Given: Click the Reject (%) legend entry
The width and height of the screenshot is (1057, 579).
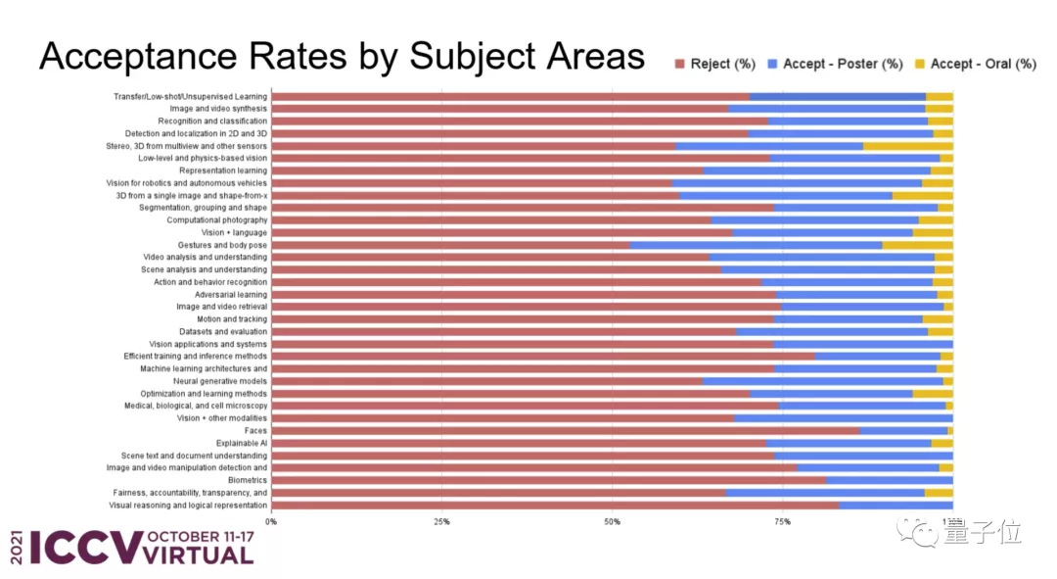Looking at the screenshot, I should pos(715,64).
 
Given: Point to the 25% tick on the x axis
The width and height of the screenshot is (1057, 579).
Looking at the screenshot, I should pos(441,521).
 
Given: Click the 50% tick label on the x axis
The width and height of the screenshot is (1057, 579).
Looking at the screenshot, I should pos(613,521).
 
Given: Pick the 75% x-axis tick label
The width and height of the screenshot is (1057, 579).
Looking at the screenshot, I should pos(783,521).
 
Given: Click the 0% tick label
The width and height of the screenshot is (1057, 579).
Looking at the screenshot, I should pos(271,521).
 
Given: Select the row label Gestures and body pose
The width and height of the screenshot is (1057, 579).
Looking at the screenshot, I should pos(222,245).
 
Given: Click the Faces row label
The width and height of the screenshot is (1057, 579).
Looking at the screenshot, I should pos(255,431).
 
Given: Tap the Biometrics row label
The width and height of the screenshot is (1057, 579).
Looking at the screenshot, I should pos(248,481).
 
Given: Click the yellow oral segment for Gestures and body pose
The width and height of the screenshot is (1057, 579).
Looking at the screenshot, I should pos(917,245).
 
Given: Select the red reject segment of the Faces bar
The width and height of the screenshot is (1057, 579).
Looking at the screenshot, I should pos(565,431).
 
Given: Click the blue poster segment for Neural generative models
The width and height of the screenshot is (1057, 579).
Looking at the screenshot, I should pos(822,381).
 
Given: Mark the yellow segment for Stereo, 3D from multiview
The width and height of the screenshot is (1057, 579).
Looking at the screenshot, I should pos(907,146).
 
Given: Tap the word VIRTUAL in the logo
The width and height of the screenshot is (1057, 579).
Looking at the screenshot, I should pos(198,555).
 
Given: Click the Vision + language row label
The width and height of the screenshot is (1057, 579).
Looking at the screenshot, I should pos(234,232).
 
